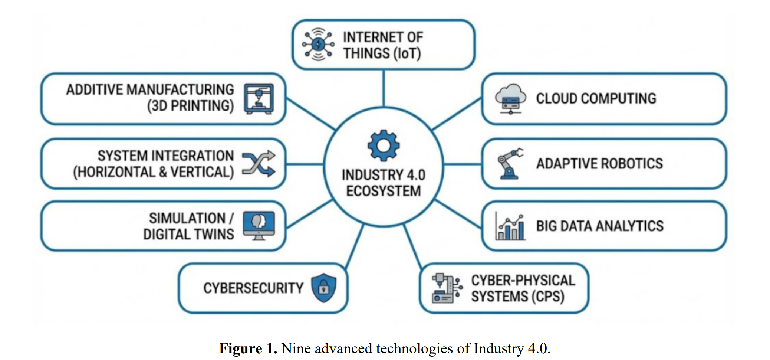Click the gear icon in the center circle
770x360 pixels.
point(384,145)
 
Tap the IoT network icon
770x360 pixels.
point(318,45)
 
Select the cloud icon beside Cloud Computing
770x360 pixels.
point(510,99)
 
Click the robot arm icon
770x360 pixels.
point(510,164)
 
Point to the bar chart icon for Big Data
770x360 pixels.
point(510,226)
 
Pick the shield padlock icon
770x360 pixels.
point(324,288)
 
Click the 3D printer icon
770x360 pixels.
point(259,99)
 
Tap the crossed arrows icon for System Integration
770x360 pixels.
point(259,163)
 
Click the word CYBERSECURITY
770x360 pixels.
point(253,288)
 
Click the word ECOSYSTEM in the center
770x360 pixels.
point(384,191)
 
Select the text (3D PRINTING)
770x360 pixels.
point(191,106)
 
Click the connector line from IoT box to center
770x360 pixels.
point(384,88)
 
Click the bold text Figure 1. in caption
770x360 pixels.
point(248,348)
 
